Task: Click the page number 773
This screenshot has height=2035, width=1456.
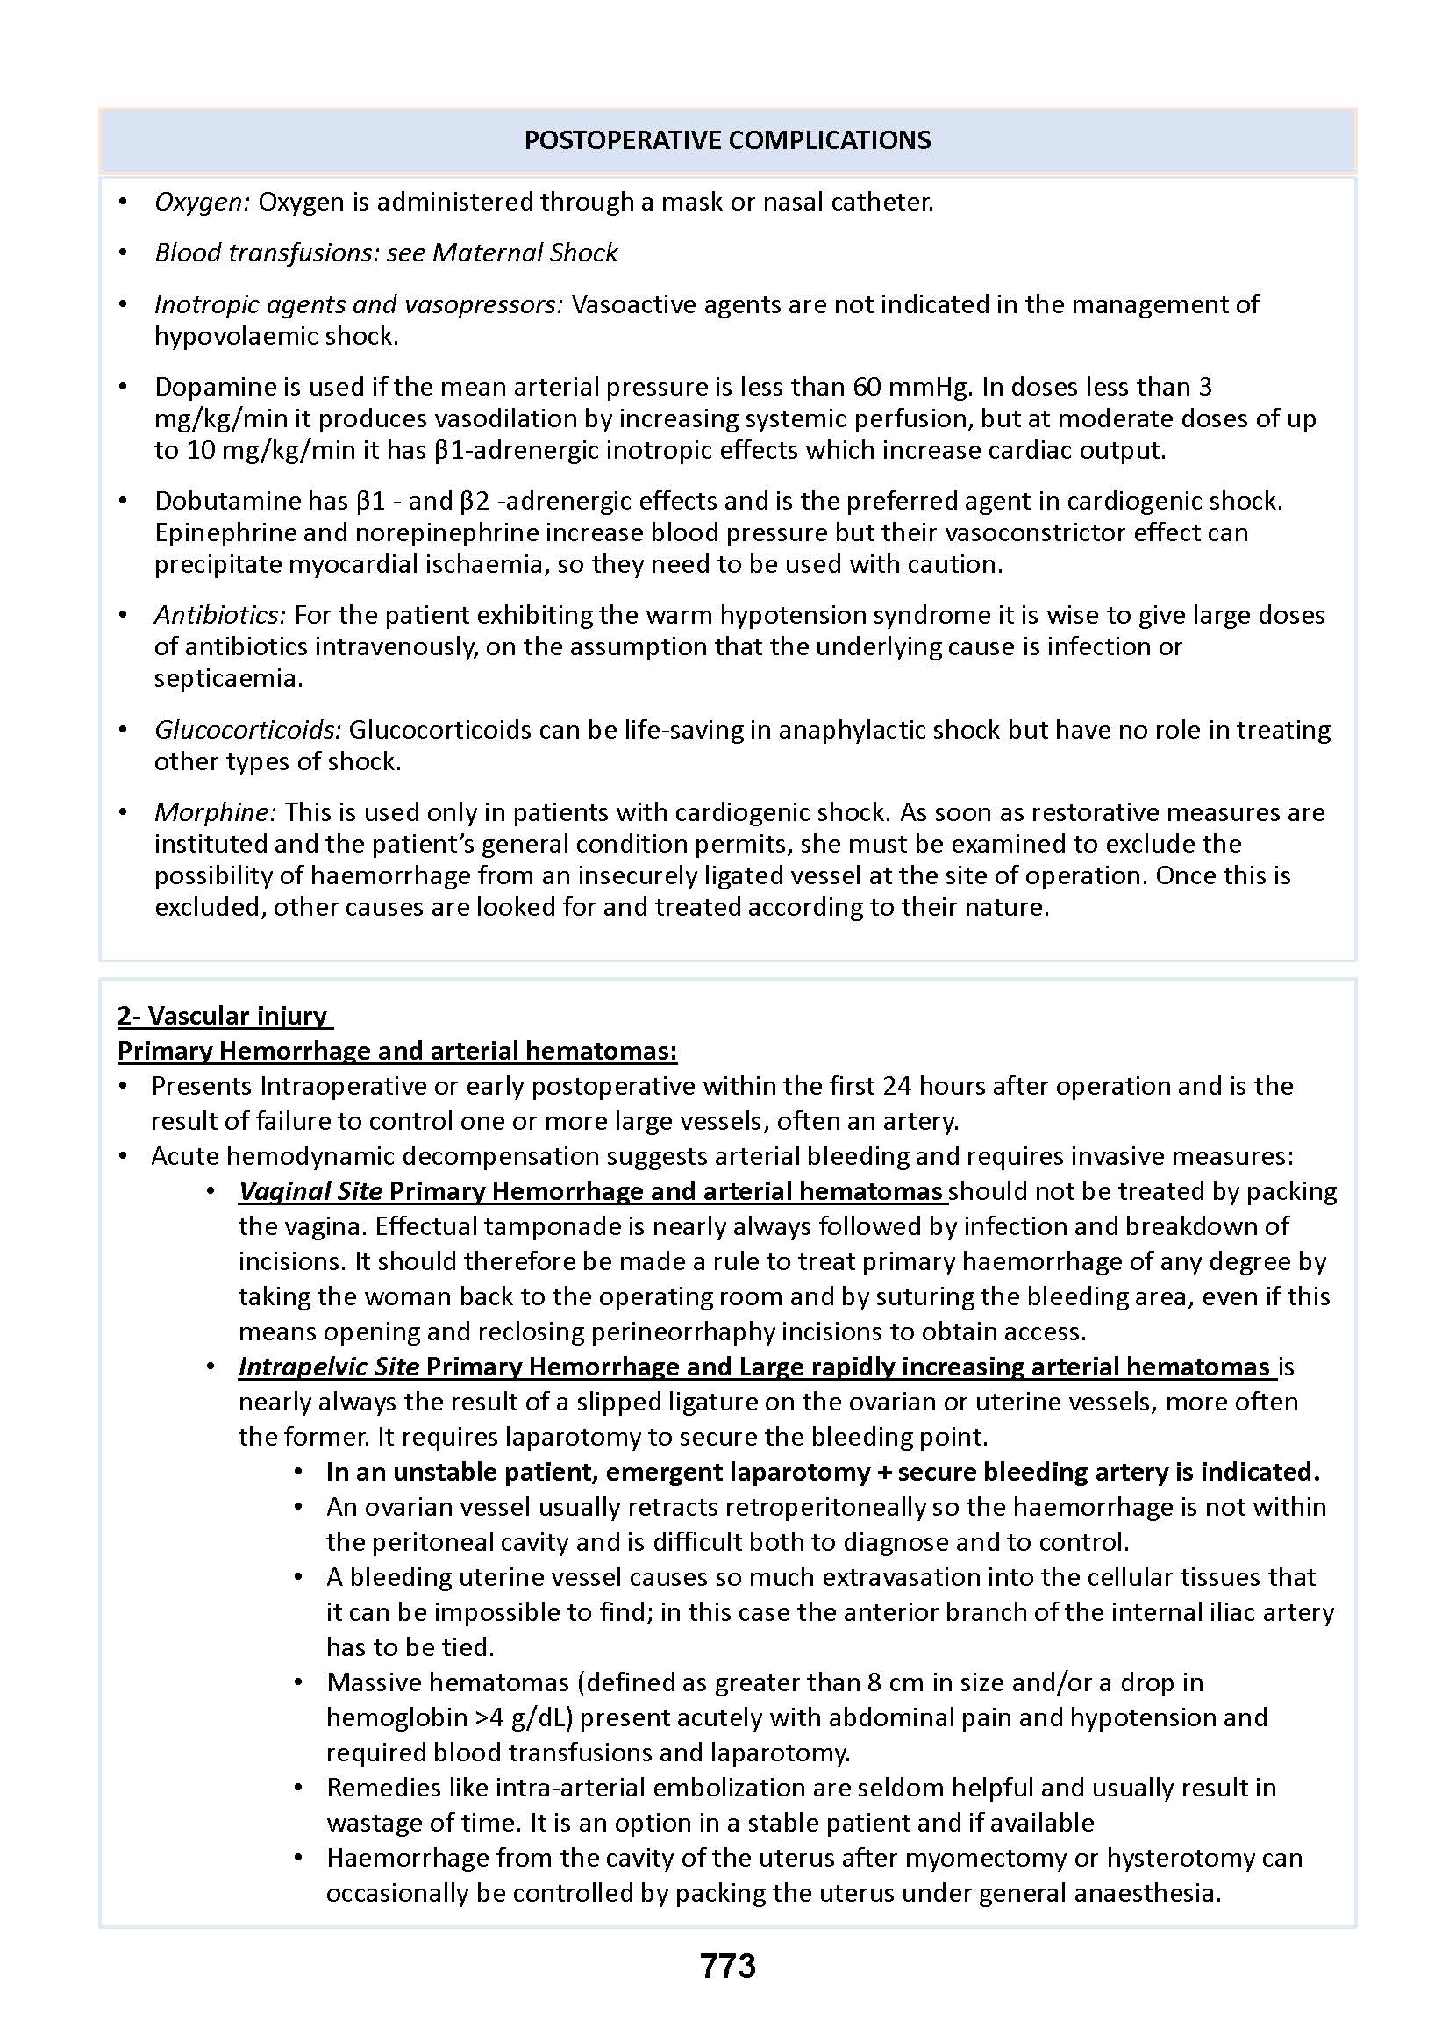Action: (x=727, y=1967)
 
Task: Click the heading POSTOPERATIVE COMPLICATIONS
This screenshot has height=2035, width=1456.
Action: (x=727, y=139)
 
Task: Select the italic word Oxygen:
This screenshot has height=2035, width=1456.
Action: (x=203, y=203)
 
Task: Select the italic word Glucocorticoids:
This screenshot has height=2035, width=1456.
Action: (x=247, y=730)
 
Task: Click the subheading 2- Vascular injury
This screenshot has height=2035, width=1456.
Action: (x=225, y=1016)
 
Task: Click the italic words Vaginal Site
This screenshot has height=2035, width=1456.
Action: (x=310, y=1191)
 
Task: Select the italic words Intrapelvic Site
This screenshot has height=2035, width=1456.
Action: (x=328, y=1367)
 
